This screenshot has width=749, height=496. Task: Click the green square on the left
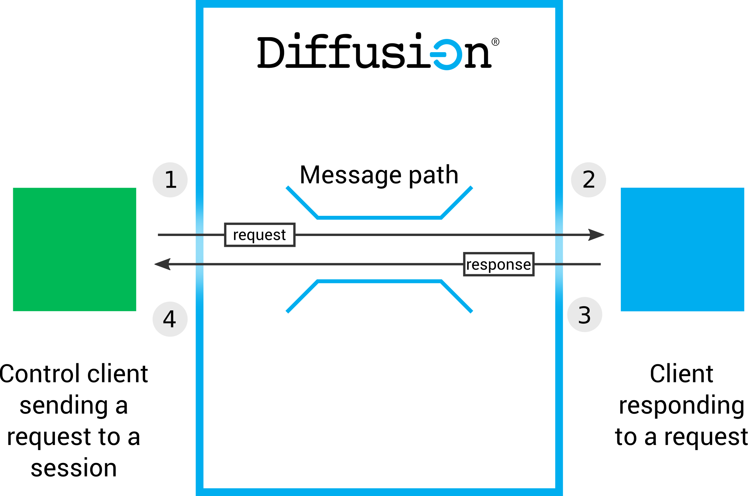click(x=74, y=249)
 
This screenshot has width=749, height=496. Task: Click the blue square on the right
click(x=682, y=249)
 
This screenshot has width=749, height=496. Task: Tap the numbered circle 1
click(x=170, y=180)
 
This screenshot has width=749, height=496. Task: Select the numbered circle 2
click(x=589, y=180)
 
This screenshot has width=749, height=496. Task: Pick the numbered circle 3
click(x=584, y=315)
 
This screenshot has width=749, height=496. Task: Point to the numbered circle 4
click(x=170, y=319)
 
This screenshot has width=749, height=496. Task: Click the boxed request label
click(x=260, y=235)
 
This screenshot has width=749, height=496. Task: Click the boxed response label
click(x=499, y=264)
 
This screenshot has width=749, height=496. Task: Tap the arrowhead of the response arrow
click(x=161, y=264)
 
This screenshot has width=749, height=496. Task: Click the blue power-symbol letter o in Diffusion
click(x=447, y=55)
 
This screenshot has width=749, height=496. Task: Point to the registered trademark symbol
click(x=496, y=42)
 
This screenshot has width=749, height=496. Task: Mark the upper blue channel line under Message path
click(x=379, y=218)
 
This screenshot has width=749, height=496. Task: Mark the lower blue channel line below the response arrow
click(x=379, y=281)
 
